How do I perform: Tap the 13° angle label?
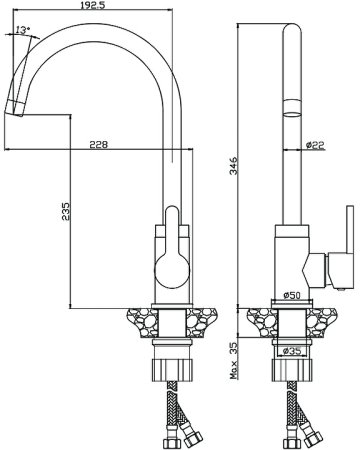pos(22,30)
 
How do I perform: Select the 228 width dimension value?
pos(99,145)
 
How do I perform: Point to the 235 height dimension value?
pos(65,210)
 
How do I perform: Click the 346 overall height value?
pos(234,165)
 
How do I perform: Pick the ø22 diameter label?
pos(315,145)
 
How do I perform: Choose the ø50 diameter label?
pos(292,295)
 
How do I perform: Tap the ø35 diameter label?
pos(292,351)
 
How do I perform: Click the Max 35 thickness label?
pos(234,361)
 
